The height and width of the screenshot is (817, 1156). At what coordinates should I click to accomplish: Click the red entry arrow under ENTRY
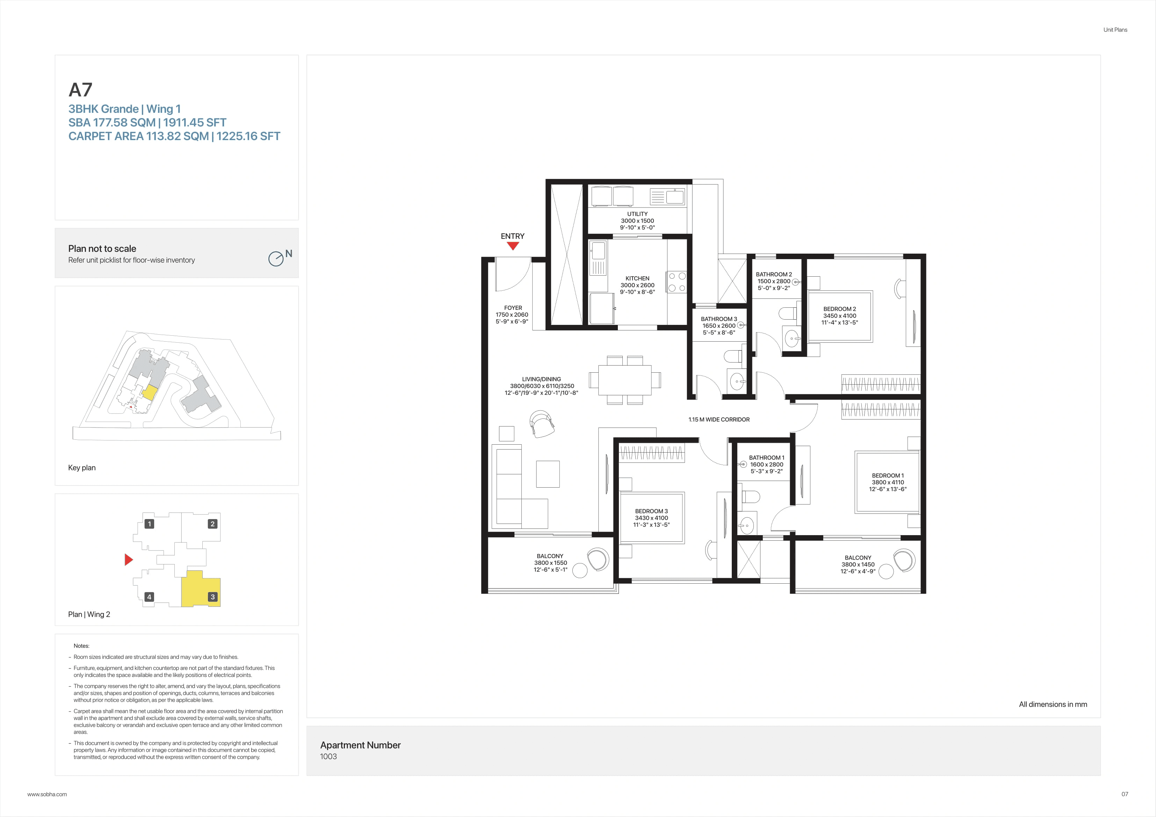[513, 246]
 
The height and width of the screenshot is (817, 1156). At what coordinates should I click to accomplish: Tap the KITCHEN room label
[637, 278]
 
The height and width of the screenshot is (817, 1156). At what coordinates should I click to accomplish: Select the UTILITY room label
[637, 214]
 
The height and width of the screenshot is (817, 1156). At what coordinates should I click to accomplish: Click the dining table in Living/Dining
[624, 380]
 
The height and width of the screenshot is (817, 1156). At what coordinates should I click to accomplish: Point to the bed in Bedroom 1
[887, 482]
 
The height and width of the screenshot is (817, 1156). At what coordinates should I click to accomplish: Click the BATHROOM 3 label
[718, 319]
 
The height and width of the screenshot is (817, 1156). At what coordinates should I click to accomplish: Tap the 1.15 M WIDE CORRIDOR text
[718, 419]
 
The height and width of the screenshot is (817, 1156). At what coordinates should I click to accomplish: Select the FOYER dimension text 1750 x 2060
[512, 315]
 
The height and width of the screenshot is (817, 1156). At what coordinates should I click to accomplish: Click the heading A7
[81, 90]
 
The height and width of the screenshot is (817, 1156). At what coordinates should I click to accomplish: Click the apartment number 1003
[328, 756]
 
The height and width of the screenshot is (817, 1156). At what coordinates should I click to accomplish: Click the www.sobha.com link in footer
[47, 794]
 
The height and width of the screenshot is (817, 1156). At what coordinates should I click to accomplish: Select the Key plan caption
[81, 468]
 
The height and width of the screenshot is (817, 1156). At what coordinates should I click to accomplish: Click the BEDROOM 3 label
[651, 511]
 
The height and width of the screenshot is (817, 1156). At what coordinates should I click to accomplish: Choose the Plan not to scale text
[102, 249]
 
